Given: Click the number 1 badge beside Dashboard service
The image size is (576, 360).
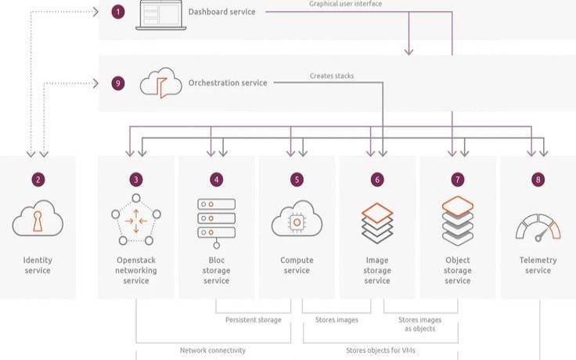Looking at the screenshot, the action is [118, 12].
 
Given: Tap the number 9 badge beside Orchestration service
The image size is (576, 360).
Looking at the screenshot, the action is [118, 83].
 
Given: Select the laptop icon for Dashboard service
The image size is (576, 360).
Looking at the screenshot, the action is [161, 15].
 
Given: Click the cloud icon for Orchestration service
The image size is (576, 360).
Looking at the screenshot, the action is [161, 83].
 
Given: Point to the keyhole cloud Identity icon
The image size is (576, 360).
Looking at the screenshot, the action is [38, 218].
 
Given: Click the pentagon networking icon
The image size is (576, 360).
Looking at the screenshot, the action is [136, 220].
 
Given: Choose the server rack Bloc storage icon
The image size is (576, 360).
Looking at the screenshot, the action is [216, 223].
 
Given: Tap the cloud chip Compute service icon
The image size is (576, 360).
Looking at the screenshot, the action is [297, 219].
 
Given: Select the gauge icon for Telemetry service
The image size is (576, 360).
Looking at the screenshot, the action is [538, 228].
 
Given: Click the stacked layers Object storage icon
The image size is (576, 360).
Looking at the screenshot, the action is [458, 221].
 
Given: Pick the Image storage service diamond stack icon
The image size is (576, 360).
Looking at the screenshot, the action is [377, 223].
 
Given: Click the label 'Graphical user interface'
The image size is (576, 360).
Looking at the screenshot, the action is [345, 4].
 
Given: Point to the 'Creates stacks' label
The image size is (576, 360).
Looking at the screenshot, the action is [332, 76].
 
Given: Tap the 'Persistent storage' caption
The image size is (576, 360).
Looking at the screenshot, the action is [254, 320].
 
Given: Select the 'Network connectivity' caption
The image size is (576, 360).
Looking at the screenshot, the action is [213, 351].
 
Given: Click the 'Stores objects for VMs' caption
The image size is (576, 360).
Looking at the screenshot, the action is [380, 351].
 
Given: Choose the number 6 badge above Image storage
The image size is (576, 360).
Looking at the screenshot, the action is [377, 180].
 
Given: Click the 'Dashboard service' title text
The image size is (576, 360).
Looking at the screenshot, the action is [222, 12].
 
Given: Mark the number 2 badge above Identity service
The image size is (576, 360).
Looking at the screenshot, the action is [38, 180].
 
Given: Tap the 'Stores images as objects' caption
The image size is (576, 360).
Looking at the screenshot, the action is [420, 324].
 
